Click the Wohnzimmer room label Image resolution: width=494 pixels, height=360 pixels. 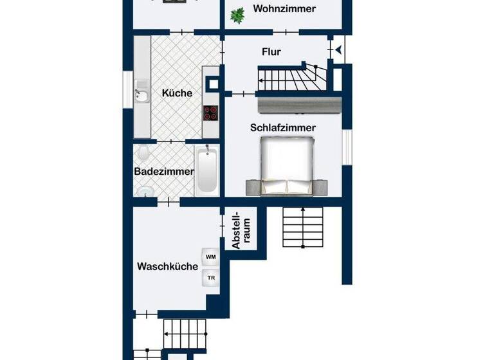tap(284, 9)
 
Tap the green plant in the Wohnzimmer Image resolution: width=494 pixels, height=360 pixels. tap(237, 15)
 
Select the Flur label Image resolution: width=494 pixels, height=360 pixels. tap(271, 52)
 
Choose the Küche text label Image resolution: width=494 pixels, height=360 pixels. tap(177, 93)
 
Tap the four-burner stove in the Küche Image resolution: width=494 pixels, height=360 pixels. tap(211, 113)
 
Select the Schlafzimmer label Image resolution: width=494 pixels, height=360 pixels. tap(283, 128)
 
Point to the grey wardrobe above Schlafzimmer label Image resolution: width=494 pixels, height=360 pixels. tap(298, 104)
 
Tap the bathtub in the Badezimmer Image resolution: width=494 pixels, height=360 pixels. tap(206, 170)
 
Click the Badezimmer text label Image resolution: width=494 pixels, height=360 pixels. tap(164, 172)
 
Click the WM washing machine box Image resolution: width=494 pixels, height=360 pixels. tap(210, 257)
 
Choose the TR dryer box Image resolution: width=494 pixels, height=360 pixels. tap(210, 278)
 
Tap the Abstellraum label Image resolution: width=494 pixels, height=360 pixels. tap(240, 230)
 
